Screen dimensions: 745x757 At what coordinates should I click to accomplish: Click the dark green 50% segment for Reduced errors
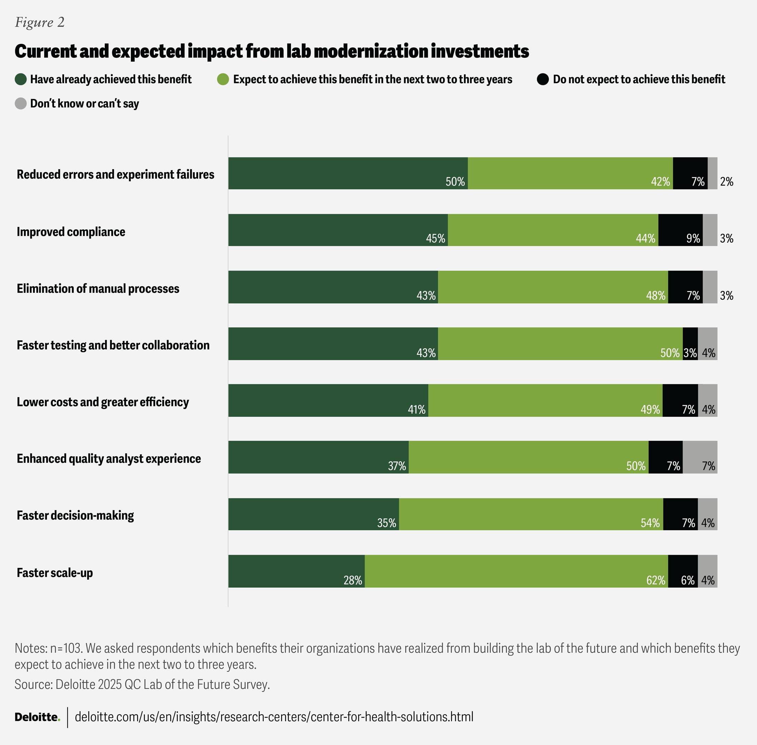click(x=348, y=173)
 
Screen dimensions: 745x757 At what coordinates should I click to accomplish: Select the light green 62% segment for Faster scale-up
click(x=516, y=571)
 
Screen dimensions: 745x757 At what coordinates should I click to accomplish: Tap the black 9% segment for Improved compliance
click(x=680, y=230)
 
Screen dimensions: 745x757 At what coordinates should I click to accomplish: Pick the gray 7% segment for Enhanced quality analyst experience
click(x=700, y=457)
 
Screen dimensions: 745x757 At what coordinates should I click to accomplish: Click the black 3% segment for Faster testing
click(x=690, y=344)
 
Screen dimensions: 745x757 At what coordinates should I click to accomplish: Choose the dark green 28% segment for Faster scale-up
click(x=296, y=571)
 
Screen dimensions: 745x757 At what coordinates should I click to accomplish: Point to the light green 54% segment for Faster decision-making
click(x=531, y=514)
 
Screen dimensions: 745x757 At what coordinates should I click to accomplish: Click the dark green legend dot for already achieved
click(x=21, y=79)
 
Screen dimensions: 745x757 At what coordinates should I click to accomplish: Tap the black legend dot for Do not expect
click(x=543, y=79)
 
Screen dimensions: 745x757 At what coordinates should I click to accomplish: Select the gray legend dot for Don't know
click(x=21, y=104)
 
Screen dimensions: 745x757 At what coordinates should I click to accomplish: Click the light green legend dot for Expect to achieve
click(x=223, y=79)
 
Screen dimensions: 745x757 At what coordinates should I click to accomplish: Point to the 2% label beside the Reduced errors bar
click(x=726, y=182)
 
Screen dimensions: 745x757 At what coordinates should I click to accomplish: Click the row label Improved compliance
click(x=71, y=232)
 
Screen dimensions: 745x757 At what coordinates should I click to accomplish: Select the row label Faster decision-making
click(x=75, y=515)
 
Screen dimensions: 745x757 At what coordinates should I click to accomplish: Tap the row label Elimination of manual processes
click(x=98, y=288)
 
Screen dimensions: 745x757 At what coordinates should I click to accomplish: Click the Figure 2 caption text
click(x=40, y=22)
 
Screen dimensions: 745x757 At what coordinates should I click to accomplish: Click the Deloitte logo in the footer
click(x=37, y=717)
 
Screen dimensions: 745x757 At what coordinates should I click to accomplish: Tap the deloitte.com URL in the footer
click(x=274, y=717)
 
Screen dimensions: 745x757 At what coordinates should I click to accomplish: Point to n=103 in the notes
click(x=66, y=648)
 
